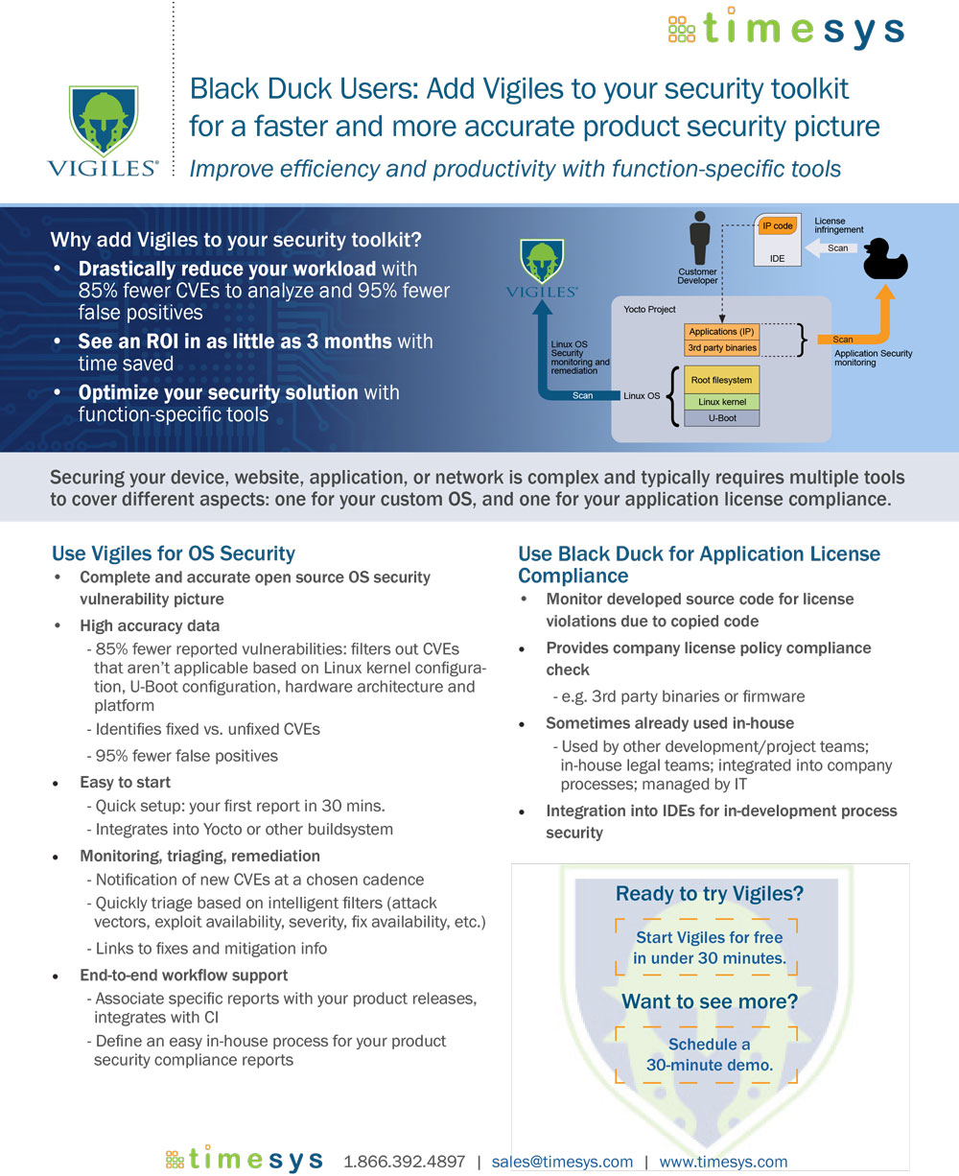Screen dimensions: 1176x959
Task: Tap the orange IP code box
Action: coord(778,226)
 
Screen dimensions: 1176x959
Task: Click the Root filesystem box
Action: coord(721,380)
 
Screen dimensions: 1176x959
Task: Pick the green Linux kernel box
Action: coord(721,402)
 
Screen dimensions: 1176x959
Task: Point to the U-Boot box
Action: coord(721,418)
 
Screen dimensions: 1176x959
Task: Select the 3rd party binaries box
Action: coord(721,348)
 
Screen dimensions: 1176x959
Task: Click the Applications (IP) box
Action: coord(721,332)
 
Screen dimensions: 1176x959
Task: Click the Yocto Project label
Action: coord(649,309)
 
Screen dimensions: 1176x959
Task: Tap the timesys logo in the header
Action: coord(785,29)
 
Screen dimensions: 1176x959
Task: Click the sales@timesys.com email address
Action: coord(562,1162)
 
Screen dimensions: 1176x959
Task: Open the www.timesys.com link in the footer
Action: coord(723,1162)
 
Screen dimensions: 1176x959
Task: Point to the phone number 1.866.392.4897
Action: coord(404,1162)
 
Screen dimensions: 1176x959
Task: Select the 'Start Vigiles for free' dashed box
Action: coord(709,948)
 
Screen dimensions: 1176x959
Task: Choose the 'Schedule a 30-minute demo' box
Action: coord(709,1055)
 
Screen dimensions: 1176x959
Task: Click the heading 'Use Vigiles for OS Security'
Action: coord(174,553)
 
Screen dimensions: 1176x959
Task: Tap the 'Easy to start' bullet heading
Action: coord(125,783)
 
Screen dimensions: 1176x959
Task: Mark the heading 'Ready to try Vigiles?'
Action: coord(709,894)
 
